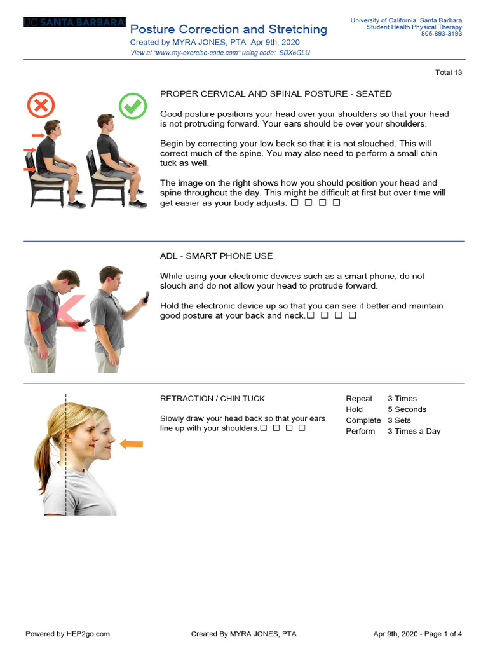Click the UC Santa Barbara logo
pyautogui.click(x=74, y=22)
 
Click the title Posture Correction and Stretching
pyautogui.click(x=229, y=29)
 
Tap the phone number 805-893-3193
pyautogui.click(x=442, y=34)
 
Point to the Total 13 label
pyautogui.click(x=449, y=72)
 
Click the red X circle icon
pyautogui.click(x=41, y=106)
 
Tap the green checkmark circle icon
pyautogui.click(x=133, y=106)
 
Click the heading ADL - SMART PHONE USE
pyautogui.click(x=216, y=256)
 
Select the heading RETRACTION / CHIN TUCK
pyautogui.click(x=212, y=399)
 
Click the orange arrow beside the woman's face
pyautogui.click(x=132, y=444)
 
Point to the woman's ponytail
pyautogui.click(x=44, y=455)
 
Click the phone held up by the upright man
pyautogui.click(x=147, y=297)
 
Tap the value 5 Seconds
pyautogui.click(x=407, y=409)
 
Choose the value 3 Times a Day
pyautogui.click(x=414, y=431)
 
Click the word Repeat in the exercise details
pyautogui.click(x=359, y=399)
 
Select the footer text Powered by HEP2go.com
pyautogui.click(x=67, y=634)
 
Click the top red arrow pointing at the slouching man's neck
pyautogui.click(x=37, y=135)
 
